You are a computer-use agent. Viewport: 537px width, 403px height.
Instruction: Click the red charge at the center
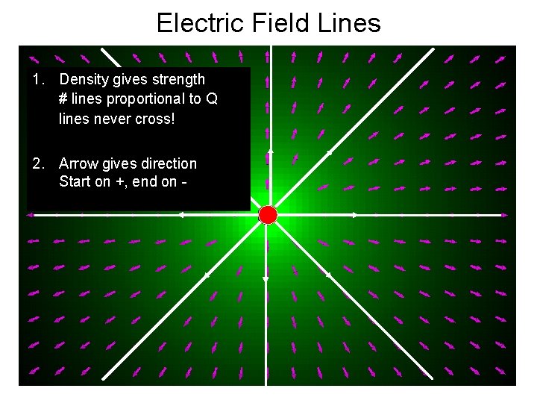(268, 215)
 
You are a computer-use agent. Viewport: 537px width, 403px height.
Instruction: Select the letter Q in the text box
(212, 99)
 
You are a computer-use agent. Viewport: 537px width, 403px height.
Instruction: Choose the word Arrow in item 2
(78, 163)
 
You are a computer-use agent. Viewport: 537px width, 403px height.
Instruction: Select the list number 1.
(38, 79)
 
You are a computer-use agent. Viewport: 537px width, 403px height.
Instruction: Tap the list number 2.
(38, 163)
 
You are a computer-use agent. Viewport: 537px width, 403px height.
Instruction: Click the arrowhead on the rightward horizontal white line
(355, 215)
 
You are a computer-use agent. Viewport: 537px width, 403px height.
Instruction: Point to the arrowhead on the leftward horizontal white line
(180, 215)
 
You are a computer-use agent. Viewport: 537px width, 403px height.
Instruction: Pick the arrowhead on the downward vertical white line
(266, 279)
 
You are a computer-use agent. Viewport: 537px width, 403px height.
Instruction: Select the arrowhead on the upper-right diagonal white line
(329, 152)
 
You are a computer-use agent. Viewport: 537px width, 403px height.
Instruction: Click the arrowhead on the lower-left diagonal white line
(207, 275)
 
